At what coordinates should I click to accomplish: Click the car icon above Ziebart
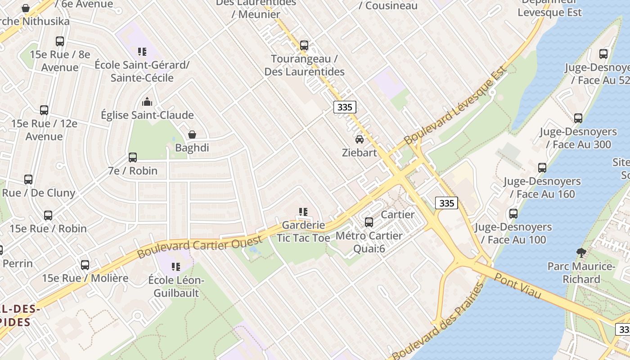[359, 139]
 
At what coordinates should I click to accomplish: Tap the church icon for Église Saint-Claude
[147, 102]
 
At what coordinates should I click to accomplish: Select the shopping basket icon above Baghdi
[192, 135]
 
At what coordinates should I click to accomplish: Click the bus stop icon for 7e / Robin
[133, 157]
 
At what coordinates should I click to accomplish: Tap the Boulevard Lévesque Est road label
[455, 105]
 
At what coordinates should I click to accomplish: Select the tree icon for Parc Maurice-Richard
[581, 253]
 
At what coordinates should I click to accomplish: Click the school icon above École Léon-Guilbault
[176, 267]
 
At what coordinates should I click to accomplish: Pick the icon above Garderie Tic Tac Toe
[303, 211]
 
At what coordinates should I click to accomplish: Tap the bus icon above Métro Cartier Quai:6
[369, 222]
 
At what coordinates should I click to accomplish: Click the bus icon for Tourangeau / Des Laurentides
[304, 45]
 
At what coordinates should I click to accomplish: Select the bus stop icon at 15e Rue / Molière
[85, 265]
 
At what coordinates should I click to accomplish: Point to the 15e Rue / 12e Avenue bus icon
[44, 110]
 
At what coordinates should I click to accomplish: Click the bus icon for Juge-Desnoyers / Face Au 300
[578, 119]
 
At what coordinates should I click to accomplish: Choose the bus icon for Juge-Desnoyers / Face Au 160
[542, 168]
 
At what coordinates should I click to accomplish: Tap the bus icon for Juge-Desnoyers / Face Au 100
[513, 214]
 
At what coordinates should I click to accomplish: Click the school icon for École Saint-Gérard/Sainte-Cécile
[142, 52]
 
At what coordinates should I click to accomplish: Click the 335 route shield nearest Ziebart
[345, 107]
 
